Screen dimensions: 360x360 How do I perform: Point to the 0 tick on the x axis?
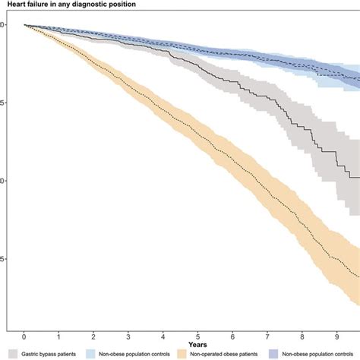[x=24, y=336]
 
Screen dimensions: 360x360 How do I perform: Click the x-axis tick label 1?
[x=59, y=336]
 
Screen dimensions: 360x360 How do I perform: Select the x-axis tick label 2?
[x=93, y=336]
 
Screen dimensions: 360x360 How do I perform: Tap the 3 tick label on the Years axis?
[x=128, y=336]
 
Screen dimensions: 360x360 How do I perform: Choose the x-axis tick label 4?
[x=163, y=336]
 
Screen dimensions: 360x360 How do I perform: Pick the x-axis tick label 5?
[x=197, y=336]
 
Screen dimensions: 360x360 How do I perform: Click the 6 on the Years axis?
[x=232, y=336]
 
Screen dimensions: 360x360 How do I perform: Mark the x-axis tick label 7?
[x=267, y=336]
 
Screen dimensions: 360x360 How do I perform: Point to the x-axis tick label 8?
[x=301, y=336]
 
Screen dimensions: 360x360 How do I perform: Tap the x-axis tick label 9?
[x=336, y=336]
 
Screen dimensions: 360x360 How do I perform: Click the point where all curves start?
[x=24, y=24]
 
